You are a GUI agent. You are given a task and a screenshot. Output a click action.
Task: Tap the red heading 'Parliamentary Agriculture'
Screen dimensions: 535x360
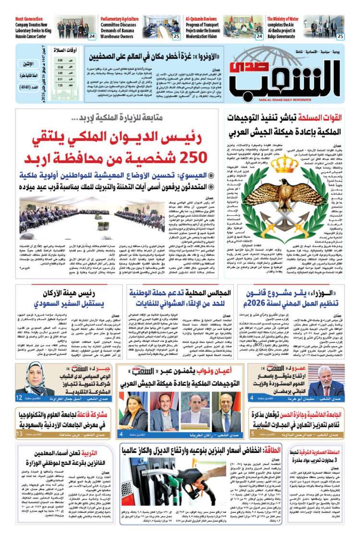tap(120, 18)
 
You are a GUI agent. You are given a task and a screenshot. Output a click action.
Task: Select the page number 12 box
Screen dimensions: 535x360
tap(19, 398)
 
